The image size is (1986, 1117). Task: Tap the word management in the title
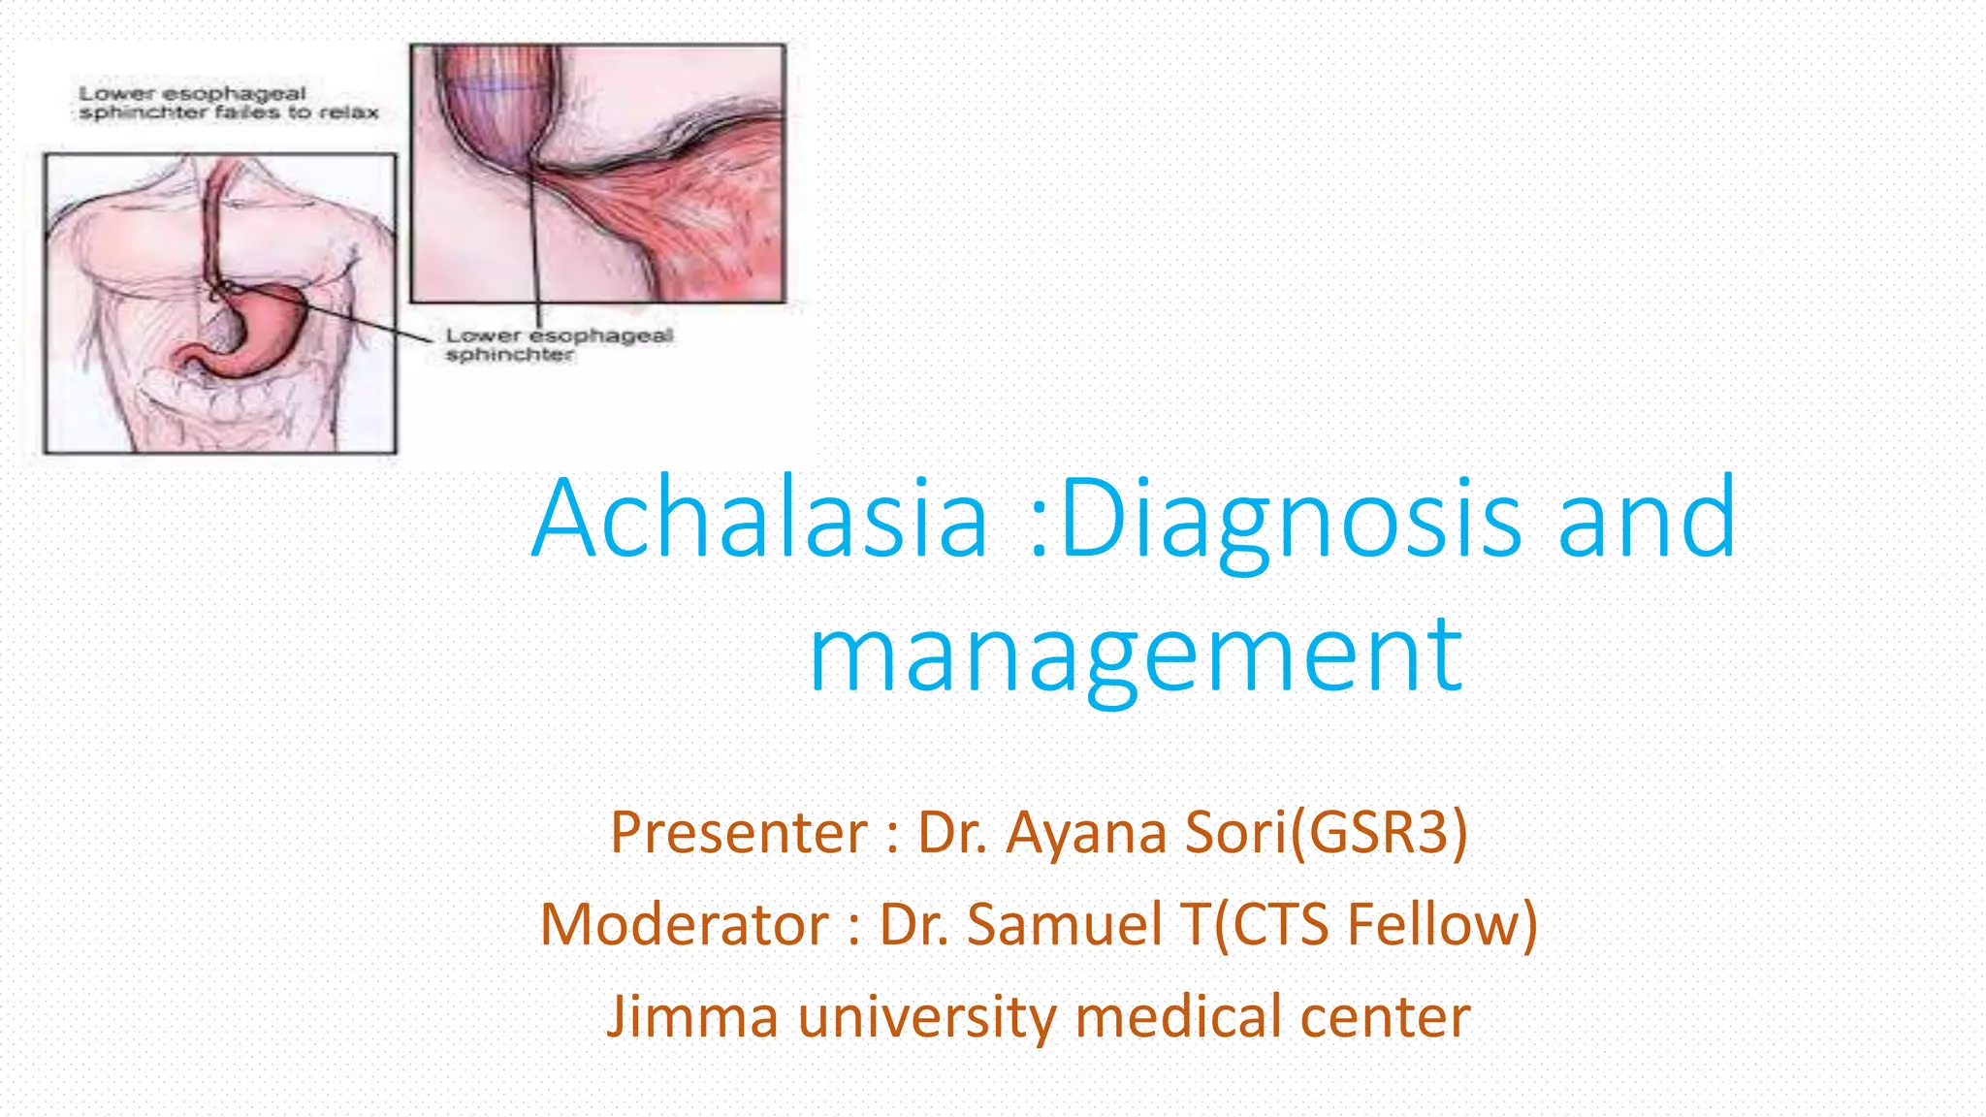(1136, 655)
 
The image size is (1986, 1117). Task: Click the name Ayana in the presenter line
(1086, 833)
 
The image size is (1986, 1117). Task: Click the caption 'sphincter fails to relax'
(229, 112)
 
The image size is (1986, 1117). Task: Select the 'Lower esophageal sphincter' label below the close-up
(559, 344)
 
